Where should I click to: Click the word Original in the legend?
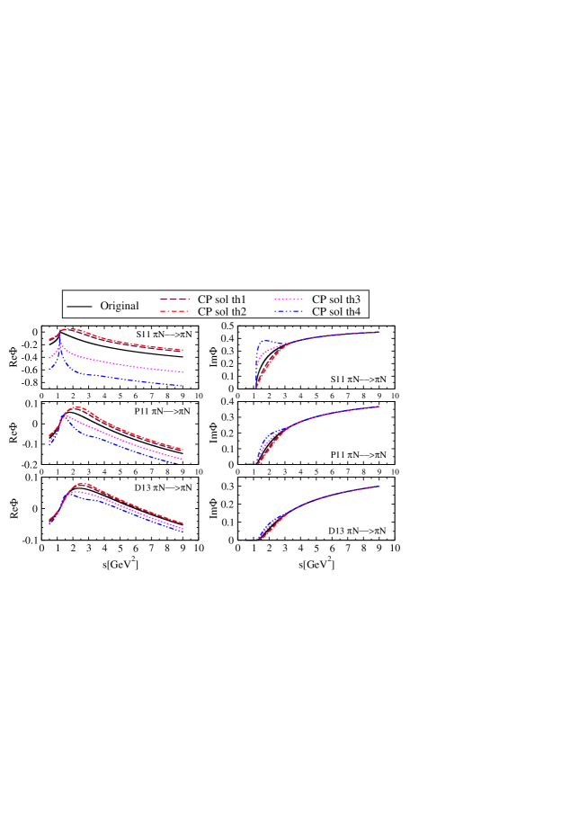pyautogui.click(x=120, y=306)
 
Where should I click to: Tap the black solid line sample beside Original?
pyautogui.click(x=79, y=307)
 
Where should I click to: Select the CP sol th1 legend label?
pyautogui.click(x=223, y=299)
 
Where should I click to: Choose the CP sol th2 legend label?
pyautogui.click(x=223, y=311)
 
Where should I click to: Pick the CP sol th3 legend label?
pyautogui.click(x=337, y=299)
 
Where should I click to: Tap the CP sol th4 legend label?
pyautogui.click(x=337, y=311)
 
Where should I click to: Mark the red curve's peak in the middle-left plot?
pyautogui.click(x=77, y=407)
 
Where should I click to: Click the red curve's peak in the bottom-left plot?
pyautogui.click(x=81, y=484)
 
